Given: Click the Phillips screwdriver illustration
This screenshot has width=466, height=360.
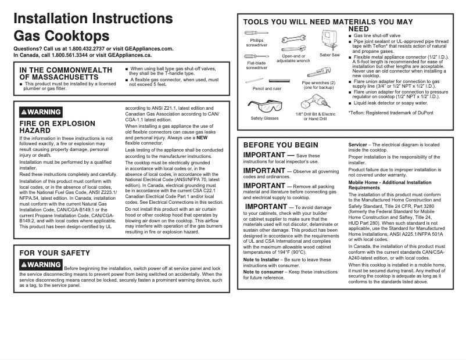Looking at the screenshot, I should [256, 34].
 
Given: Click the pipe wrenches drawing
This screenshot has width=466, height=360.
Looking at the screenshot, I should [318, 73].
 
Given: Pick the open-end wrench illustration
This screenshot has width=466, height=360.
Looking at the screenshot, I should [293, 42].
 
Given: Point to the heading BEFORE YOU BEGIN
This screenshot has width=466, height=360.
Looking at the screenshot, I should [281, 145].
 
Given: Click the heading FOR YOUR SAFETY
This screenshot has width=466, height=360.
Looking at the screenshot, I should [55, 253].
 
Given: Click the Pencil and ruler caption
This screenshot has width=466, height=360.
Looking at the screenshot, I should [267, 89].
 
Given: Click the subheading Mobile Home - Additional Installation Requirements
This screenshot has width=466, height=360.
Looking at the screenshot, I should [381, 185].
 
